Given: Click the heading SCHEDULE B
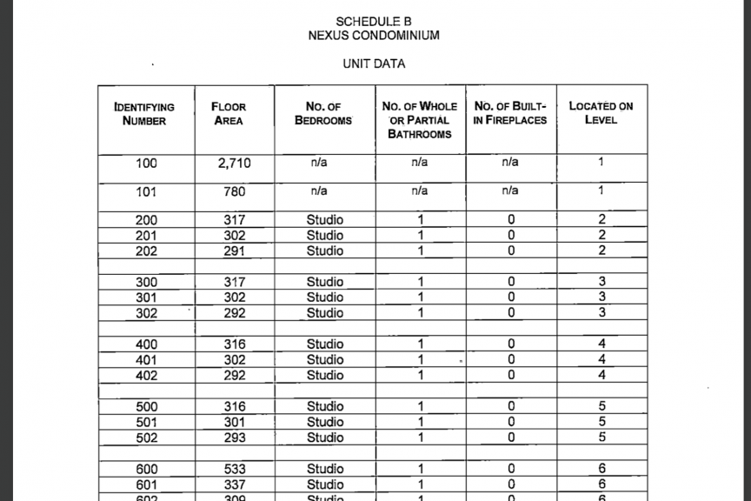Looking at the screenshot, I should (x=374, y=21).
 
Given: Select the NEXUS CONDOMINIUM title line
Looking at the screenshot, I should (x=374, y=36).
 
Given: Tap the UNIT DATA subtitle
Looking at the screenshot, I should (x=374, y=63).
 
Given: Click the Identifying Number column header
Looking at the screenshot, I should (x=144, y=114).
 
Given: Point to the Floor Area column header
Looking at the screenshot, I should (x=229, y=114).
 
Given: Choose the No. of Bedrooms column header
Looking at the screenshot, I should (x=323, y=114).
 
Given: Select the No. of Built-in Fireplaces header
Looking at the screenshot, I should (x=510, y=113).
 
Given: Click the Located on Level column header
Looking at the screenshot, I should (x=601, y=113).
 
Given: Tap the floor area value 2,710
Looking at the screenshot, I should (x=235, y=163).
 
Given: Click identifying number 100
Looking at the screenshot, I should (x=147, y=163).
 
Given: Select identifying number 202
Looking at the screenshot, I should (x=147, y=251).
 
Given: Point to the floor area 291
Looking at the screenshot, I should (x=235, y=251).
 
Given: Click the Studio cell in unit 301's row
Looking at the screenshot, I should (x=325, y=297).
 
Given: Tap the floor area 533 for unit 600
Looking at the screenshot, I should (x=235, y=470).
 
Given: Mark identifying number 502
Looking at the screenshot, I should (x=147, y=438).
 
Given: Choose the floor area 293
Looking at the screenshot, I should (x=235, y=438).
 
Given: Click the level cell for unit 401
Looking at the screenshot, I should (x=601, y=360).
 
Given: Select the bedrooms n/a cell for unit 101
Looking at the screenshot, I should (x=319, y=190).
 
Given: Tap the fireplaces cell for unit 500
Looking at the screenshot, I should (x=511, y=407).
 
